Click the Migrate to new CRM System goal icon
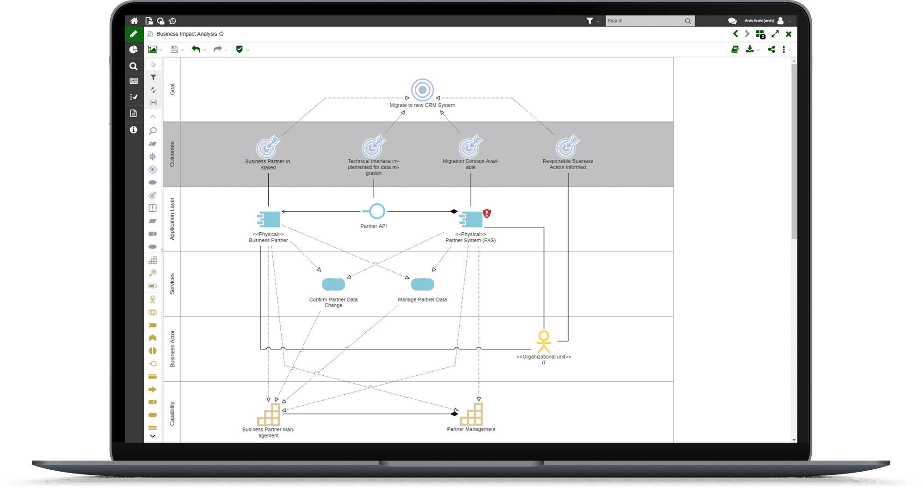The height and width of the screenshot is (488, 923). click(x=422, y=90)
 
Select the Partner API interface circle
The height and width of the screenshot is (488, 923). click(x=376, y=211)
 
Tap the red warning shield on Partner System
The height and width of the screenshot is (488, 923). click(x=487, y=214)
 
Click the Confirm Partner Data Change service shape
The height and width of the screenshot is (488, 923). click(x=334, y=284)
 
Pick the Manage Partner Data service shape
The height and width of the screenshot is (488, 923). click(x=422, y=284)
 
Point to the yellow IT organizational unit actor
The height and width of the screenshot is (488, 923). click(x=544, y=342)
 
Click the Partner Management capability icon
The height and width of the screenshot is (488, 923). click(x=471, y=414)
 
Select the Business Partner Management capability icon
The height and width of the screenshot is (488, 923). click(x=269, y=414)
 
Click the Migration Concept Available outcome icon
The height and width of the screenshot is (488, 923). click(x=470, y=147)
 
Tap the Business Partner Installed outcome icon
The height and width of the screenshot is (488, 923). click(x=268, y=147)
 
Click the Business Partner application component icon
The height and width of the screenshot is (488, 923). click(x=269, y=219)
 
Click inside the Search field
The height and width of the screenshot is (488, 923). click(x=645, y=21)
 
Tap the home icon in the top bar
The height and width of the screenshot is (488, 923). click(x=134, y=21)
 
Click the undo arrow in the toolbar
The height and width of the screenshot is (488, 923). click(x=196, y=49)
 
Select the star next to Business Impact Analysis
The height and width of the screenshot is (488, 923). click(x=221, y=34)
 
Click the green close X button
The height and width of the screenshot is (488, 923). click(x=788, y=34)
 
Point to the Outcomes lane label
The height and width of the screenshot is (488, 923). click(x=172, y=154)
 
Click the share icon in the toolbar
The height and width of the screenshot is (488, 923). click(x=771, y=49)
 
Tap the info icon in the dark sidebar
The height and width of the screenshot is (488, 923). click(x=134, y=129)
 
